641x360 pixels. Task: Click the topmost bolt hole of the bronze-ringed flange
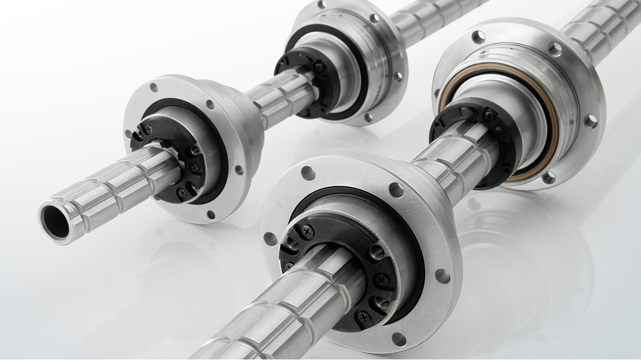pyautogui.click(x=478, y=37)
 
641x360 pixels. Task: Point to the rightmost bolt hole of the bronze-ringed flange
pyautogui.click(x=590, y=121)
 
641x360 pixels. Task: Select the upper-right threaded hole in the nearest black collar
pyautogui.click(x=378, y=252)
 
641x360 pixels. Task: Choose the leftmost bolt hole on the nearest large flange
pyautogui.click(x=271, y=238)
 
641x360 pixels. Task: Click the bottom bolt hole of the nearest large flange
pyautogui.click(x=399, y=339)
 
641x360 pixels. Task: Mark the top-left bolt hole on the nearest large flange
pyautogui.click(x=308, y=173)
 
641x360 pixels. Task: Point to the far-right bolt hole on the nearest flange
pyautogui.click(x=442, y=276)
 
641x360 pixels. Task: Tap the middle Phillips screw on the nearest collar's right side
pyautogui.click(x=383, y=280)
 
